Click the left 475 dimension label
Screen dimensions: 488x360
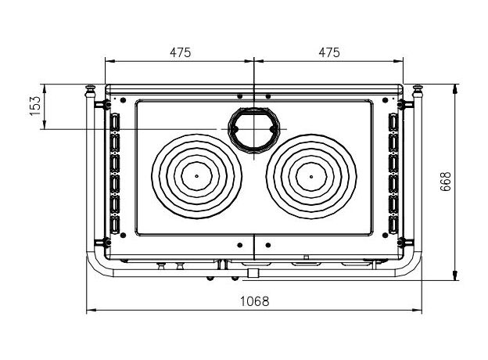(x=180, y=52)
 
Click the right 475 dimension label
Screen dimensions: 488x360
(x=329, y=52)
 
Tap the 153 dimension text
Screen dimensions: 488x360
(x=35, y=106)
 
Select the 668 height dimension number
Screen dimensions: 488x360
(x=445, y=182)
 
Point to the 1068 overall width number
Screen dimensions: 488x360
(x=255, y=301)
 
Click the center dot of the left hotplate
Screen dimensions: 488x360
(x=196, y=176)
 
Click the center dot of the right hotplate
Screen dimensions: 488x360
(x=311, y=177)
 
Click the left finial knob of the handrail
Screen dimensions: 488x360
(x=90, y=88)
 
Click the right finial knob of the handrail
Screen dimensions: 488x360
(x=418, y=88)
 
